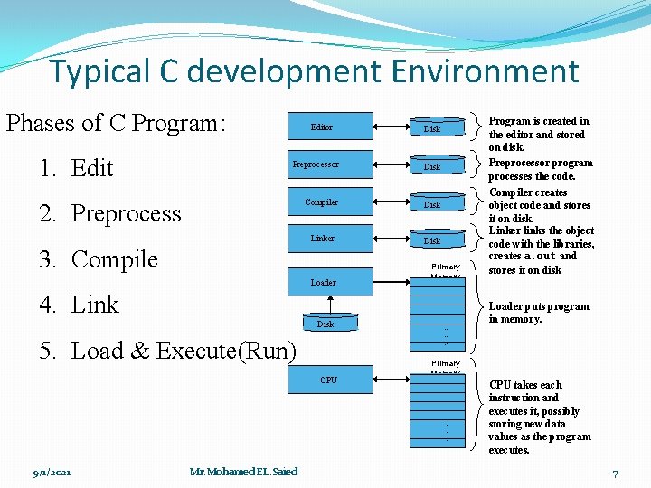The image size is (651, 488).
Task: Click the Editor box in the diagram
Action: (x=322, y=127)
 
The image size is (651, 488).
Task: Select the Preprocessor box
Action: (x=316, y=164)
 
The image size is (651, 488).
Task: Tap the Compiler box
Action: (x=322, y=202)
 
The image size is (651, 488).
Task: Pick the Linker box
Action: (x=323, y=239)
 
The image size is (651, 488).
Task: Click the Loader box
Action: (x=323, y=283)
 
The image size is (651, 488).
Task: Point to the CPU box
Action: (x=328, y=380)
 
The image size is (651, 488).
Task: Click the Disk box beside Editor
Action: (x=433, y=129)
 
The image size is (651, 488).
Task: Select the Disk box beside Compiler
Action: (x=433, y=205)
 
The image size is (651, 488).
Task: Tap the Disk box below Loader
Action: (x=325, y=324)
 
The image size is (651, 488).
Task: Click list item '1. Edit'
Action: (x=76, y=168)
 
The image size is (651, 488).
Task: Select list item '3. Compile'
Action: (x=99, y=259)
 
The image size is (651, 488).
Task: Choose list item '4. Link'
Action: (x=80, y=305)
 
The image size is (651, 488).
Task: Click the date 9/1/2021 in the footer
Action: (x=52, y=472)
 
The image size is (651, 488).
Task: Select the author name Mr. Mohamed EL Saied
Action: (x=244, y=471)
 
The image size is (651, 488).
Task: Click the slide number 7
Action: (x=615, y=473)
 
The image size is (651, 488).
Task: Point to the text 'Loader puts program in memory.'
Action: (x=538, y=313)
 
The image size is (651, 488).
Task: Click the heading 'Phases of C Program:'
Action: (x=115, y=122)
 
